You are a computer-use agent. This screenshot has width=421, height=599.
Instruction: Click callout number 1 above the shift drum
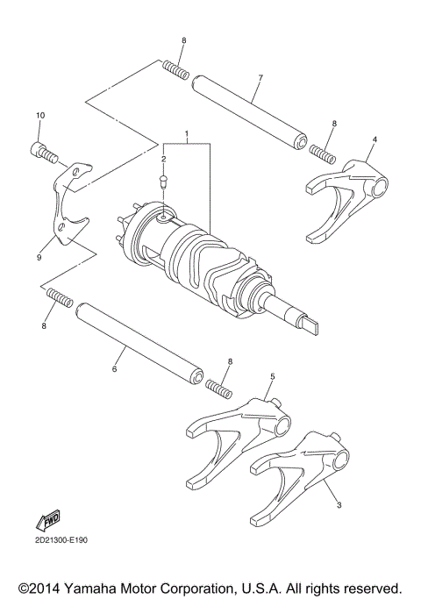187,136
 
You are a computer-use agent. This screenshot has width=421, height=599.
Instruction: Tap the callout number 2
163,159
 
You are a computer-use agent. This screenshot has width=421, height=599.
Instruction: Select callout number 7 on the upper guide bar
260,77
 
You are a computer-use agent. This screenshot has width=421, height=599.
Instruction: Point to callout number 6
114,370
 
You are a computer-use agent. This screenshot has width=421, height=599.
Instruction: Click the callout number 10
39,116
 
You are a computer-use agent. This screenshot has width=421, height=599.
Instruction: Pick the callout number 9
39,258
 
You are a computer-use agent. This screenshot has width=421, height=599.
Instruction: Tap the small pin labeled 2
164,182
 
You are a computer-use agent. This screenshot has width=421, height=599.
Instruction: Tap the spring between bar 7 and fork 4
323,153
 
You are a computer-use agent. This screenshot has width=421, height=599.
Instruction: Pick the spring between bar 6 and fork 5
218,384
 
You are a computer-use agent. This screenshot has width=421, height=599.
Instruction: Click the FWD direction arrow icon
49,520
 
